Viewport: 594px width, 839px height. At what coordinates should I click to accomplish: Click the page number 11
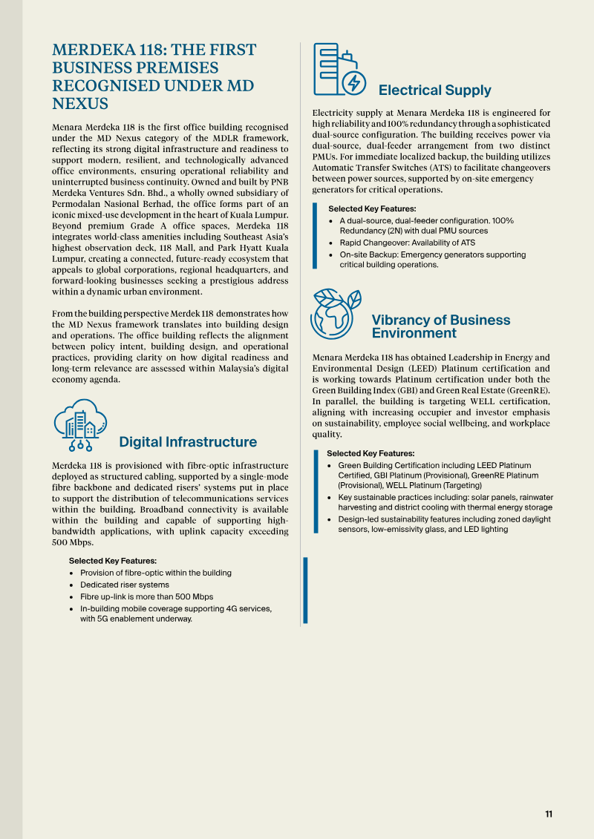549,814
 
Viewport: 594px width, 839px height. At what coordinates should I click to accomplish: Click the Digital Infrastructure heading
188,442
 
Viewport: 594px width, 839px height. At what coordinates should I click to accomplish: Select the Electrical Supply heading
434,91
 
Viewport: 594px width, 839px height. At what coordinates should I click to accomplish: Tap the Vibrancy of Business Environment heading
440,326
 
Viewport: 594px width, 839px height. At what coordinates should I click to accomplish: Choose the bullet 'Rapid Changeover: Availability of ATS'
408,243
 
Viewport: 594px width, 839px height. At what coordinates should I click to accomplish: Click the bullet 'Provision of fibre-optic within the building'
156,573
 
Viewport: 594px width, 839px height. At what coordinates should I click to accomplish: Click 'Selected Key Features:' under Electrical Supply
372,209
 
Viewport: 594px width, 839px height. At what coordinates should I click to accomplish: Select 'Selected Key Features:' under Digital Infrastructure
113,561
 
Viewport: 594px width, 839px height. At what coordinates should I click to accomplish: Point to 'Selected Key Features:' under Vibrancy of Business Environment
371,453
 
